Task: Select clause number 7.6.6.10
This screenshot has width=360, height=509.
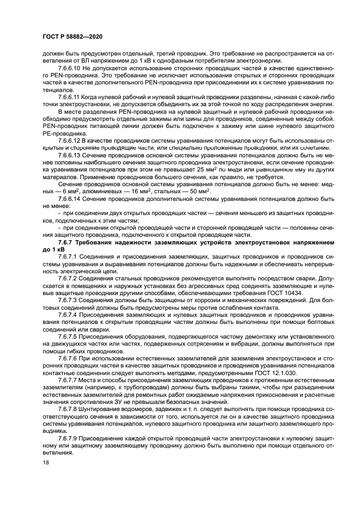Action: coord(71,69)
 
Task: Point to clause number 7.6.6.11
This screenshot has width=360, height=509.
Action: coord(70,97)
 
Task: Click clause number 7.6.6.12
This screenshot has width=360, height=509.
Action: coord(71,140)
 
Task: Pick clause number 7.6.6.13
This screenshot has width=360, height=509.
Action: coord(71,155)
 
